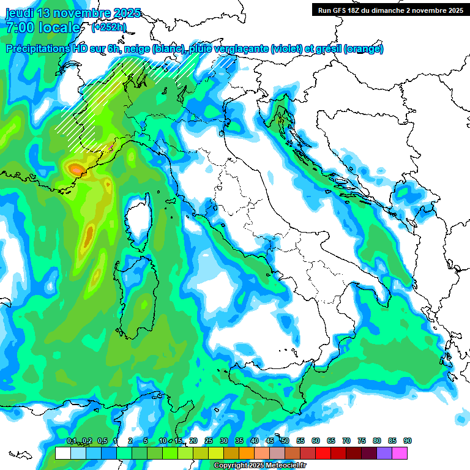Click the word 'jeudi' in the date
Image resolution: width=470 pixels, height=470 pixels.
coord(20,13)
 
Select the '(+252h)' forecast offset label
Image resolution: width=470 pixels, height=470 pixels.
coord(109,28)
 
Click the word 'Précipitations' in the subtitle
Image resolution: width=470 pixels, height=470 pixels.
coord(42,49)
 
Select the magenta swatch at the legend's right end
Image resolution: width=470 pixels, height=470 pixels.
coord(400,453)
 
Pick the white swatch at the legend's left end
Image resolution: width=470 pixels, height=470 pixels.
coord(62,453)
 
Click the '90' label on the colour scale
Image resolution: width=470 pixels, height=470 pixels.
coord(408,441)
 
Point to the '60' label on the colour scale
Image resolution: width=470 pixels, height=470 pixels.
coord(316,441)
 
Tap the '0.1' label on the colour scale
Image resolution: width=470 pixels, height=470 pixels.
coord(72,441)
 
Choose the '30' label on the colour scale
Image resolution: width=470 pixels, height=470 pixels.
coord(224,441)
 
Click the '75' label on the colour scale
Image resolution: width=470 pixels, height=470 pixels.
coord(362,441)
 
